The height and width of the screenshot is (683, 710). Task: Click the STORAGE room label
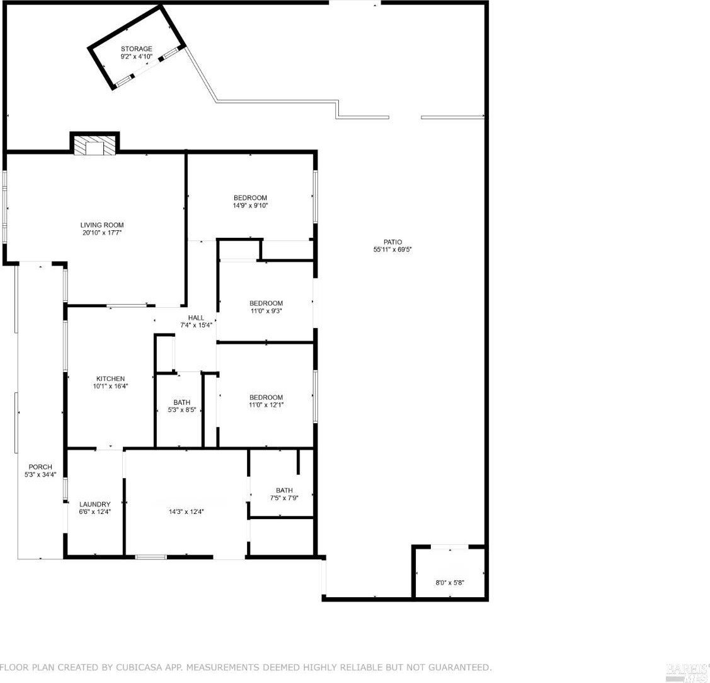(136, 49)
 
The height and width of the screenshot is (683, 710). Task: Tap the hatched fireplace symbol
(94, 146)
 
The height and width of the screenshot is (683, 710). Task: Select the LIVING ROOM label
(102, 225)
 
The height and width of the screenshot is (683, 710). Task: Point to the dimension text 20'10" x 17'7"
(102, 233)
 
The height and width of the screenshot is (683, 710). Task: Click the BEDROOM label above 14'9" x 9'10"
(250, 197)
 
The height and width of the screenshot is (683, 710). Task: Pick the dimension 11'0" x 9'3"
(266, 311)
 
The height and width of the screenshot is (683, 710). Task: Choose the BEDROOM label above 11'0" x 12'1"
(266, 397)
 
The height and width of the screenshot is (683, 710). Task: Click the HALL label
(196, 318)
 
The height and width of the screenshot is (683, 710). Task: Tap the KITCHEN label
(110, 379)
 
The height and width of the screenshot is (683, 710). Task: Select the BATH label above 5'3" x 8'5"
(182, 402)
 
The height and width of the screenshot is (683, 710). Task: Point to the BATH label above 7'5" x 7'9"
(284, 490)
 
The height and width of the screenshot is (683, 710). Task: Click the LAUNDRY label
(95, 504)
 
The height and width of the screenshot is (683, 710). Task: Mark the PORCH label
(40, 467)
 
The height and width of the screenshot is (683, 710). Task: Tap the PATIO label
(392, 242)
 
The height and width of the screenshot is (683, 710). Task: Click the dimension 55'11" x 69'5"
(392, 249)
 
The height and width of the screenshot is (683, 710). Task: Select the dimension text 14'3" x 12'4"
(186, 511)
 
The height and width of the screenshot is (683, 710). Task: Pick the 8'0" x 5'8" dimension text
(450, 583)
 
